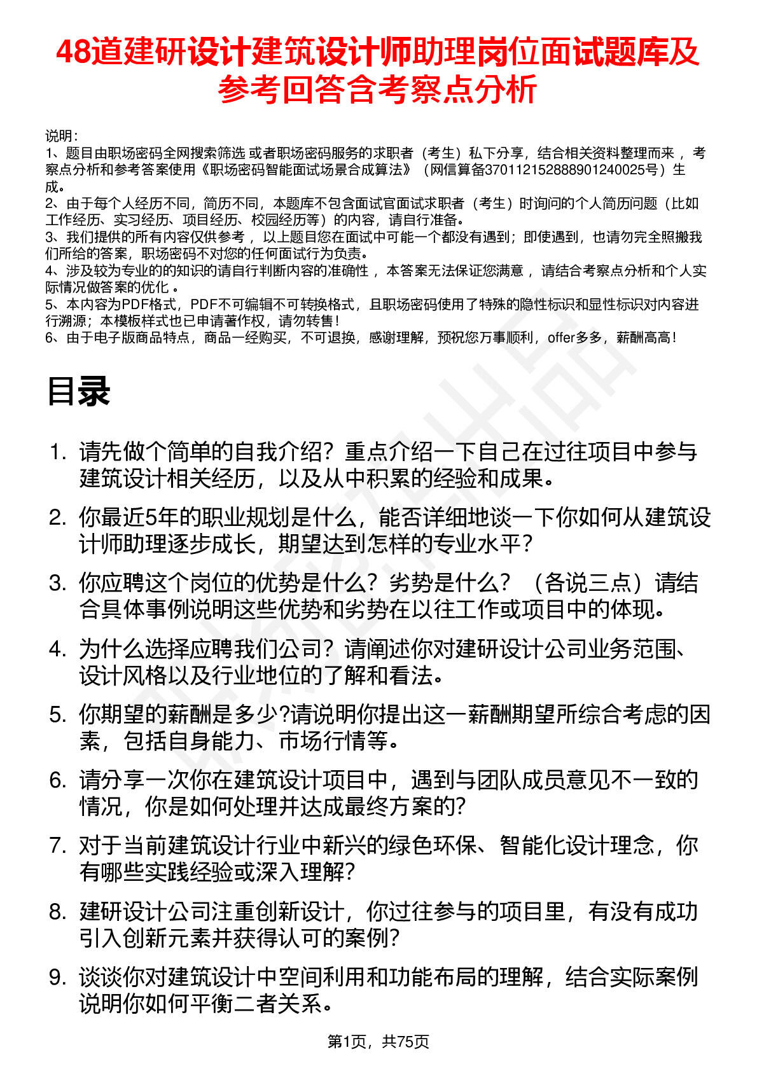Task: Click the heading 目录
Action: [79, 391]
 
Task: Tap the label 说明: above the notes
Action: [61, 136]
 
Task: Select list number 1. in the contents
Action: [58, 452]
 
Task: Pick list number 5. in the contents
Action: [58, 715]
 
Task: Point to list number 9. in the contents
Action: [58, 978]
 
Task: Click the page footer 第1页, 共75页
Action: [378, 1041]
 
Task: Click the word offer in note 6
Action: [561, 338]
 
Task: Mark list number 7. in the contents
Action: [58, 846]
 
